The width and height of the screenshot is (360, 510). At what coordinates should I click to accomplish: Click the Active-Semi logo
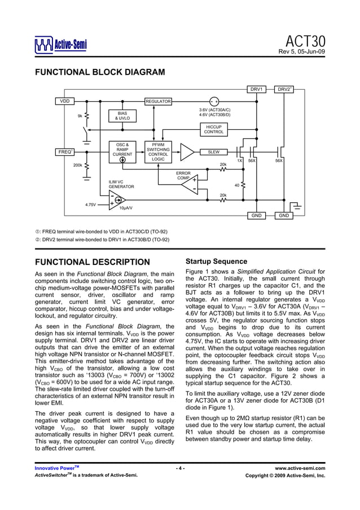[x=60, y=45]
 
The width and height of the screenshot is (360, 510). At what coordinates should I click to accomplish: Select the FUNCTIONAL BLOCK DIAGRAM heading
[x=100, y=72]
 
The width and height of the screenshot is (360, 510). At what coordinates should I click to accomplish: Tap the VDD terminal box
[x=65, y=101]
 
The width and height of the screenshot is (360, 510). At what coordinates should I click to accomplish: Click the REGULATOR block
[x=158, y=101]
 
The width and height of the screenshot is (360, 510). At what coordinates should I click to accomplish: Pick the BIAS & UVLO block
[x=122, y=116]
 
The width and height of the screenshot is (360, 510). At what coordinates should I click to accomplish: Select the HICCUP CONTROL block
[x=214, y=129]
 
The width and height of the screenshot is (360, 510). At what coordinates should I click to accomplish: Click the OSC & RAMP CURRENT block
[x=122, y=149]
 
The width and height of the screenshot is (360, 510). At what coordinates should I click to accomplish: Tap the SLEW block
[x=214, y=152]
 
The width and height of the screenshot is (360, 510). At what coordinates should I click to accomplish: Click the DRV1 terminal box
[x=257, y=89]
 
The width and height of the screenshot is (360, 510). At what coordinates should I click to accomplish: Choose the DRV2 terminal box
[x=284, y=89]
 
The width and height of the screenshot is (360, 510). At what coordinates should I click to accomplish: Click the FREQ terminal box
[x=64, y=152]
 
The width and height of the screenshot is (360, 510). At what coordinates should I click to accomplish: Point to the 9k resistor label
[x=80, y=116]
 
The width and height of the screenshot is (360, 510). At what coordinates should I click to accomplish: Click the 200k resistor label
[x=78, y=165]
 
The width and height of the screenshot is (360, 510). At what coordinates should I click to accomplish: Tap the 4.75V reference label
[x=90, y=204]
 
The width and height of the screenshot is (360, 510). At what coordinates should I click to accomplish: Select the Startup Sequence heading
[x=216, y=261]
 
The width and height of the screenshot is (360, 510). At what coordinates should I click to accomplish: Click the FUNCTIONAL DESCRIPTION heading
[x=93, y=262]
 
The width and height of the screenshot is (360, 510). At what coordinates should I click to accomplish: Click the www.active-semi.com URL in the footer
[x=300, y=468]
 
